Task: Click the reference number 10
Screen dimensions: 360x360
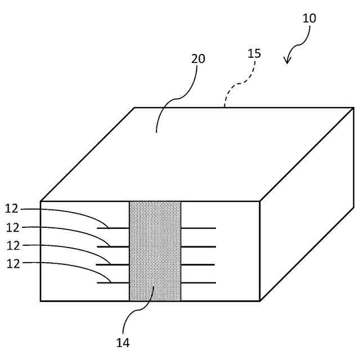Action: (x=309, y=18)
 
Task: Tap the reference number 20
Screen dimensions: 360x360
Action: (x=198, y=58)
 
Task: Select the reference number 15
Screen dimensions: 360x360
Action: (x=254, y=53)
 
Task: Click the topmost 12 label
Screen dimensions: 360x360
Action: (x=12, y=209)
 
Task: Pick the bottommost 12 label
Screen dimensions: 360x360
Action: (x=12, y=263)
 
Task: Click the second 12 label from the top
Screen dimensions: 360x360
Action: (x=12, y=227)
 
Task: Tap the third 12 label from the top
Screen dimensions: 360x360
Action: (x=12, y=245)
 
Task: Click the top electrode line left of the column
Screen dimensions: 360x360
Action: (x=113, y=228)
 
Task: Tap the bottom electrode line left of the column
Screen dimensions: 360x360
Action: (x=113, y=282)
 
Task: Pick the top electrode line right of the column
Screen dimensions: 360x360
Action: (x=198, y=228)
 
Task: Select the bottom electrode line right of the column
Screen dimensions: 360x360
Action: (x=198, y=282)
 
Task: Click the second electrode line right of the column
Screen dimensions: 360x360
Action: (x=198, y=246)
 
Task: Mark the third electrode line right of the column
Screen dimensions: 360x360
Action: (x=198, y=264)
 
